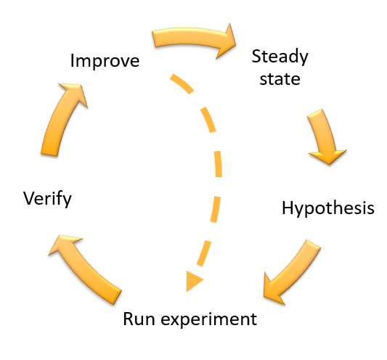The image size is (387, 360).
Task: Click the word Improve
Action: (x=105, y=60)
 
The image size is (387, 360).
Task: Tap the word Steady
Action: (x=280, y=57)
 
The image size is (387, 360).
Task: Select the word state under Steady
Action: (x=280, y=78)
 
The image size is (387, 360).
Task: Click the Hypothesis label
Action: (x=327, y=208)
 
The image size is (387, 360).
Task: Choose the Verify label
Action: (x=47, y=197)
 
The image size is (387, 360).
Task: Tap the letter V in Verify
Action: (x=28, y=197)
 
